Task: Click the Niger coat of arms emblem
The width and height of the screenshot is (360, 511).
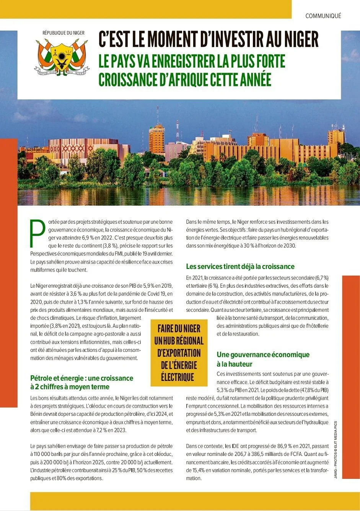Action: pos(62,57)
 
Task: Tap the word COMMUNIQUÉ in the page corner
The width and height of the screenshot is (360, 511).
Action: pos(323,16)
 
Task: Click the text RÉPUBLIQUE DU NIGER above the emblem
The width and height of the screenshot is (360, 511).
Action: pos(64,33)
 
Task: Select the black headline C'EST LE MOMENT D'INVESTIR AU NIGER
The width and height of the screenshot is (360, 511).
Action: pos(209,39)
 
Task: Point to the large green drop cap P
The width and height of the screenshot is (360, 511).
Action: pos(37,233)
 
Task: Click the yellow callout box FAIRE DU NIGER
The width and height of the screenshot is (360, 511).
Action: pos(179,353)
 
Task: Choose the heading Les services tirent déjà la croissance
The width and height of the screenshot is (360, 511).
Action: pos(240,266)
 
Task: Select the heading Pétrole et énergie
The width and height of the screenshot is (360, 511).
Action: pos(81,382)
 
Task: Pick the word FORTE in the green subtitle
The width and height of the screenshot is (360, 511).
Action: pos(269,61)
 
